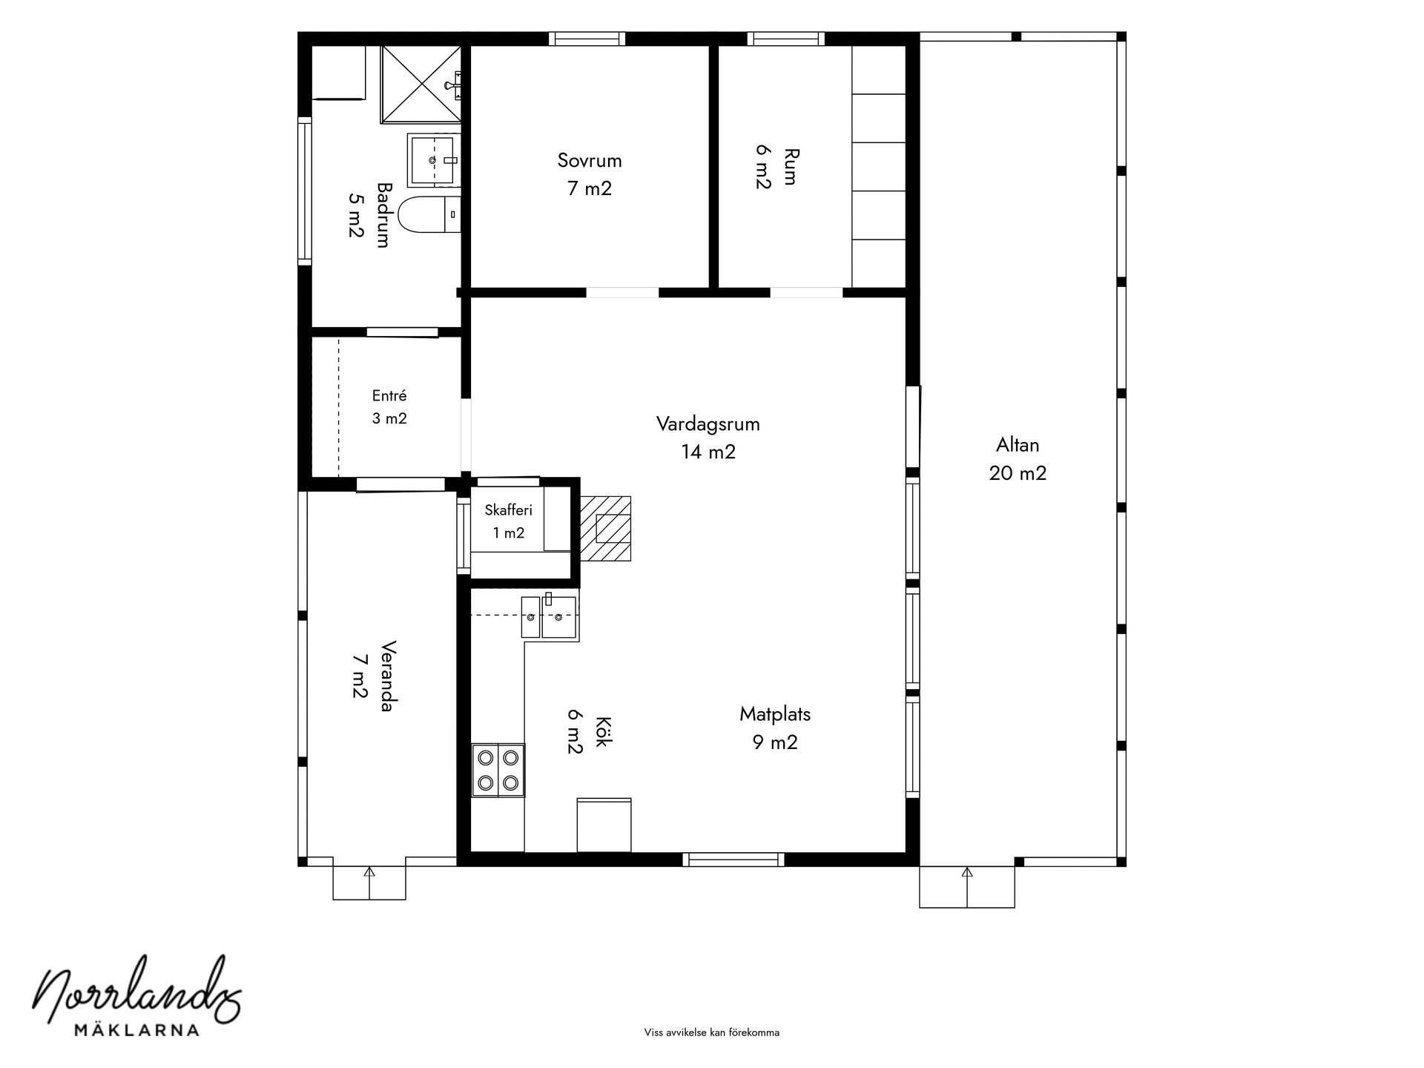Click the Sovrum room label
click(590, 160)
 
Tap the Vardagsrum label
click(708, 424)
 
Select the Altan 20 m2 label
click(1018, 459)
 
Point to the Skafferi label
click(509, 510)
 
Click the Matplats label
click(775, 714)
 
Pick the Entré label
click(389, 396)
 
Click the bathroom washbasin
click(433, 159)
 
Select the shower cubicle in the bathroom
click(421, 83)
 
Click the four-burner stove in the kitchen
click(498, 770)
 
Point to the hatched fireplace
click(605, 528)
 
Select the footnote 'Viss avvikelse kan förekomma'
click(712, 1032)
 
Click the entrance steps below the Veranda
click(369, 883)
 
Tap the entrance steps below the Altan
click(967, 886)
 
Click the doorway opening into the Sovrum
click(623, 292)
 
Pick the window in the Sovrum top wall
click(587, 39)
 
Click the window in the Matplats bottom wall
click(734, 860)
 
